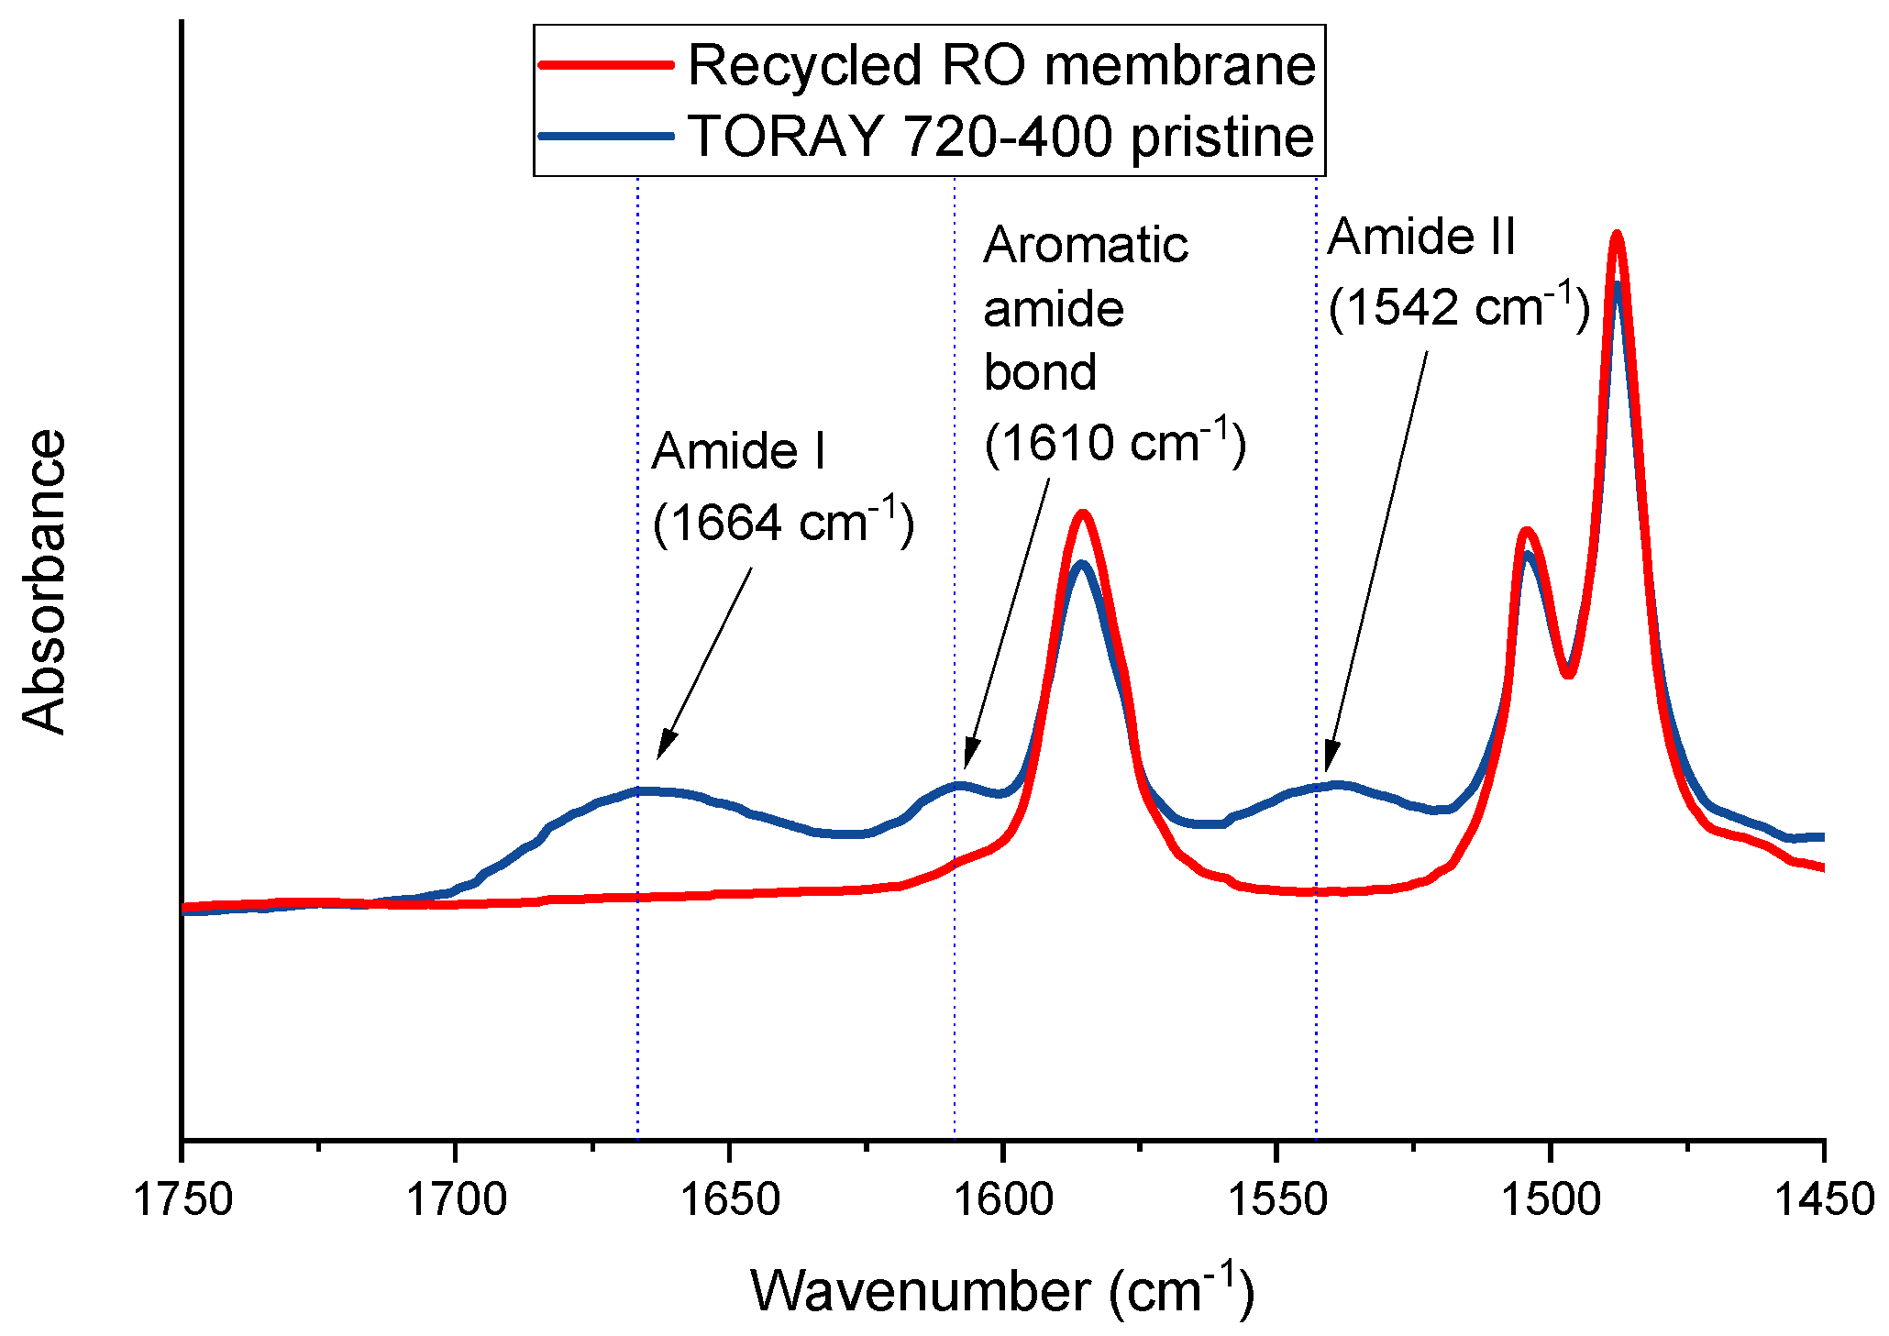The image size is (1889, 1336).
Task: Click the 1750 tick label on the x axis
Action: [182, 1199]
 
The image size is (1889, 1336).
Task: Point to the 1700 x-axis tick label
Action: [456, 1199]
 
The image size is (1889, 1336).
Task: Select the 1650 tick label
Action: [729, 1199]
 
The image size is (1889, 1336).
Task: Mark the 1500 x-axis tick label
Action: [1550, 1199]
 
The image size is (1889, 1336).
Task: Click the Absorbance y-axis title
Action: [44, 581]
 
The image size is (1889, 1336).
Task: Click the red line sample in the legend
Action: [605, 64]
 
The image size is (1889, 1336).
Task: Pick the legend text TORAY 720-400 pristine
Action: [1001, 137]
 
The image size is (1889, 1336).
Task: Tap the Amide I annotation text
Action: [738, 451]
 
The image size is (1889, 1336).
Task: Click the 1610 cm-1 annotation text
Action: [1114, 442]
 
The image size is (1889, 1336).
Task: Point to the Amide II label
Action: [1421, 237]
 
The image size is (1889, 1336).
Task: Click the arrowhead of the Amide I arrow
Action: [660, 754]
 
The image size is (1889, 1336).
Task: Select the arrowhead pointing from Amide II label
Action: [1328, 766]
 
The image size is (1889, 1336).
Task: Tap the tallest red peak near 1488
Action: [1617, 236]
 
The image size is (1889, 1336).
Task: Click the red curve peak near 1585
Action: [1083, 514]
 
